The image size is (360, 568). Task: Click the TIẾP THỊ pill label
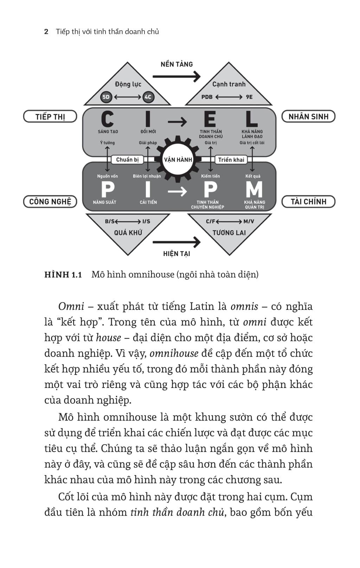click(50, 117)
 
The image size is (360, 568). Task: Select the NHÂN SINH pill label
click(308, 117)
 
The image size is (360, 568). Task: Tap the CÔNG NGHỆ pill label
click(50, 202)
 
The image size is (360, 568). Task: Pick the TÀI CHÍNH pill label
click(308, 202)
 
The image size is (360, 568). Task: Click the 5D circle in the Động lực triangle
click(106, 97)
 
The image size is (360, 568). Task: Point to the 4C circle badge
click(148, 97)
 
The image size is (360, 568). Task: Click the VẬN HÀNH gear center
click(178, 160)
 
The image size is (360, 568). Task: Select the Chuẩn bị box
click(127, 160)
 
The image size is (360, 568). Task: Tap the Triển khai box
click(231, 160)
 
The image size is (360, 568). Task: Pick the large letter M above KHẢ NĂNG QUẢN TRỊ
click(254, 189)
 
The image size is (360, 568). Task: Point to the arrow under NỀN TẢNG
click(176, 76)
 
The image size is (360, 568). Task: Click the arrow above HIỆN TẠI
click(176, 242)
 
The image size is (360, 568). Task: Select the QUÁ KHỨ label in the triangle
click(128, 232)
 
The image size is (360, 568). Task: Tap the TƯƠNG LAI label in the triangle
click(229, 232)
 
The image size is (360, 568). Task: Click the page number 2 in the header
click(46, 32)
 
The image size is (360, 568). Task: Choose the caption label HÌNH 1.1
click(63, 275)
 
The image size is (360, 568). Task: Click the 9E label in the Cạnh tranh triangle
click(249, 97)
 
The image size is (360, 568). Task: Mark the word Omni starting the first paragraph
click(71, 307)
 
